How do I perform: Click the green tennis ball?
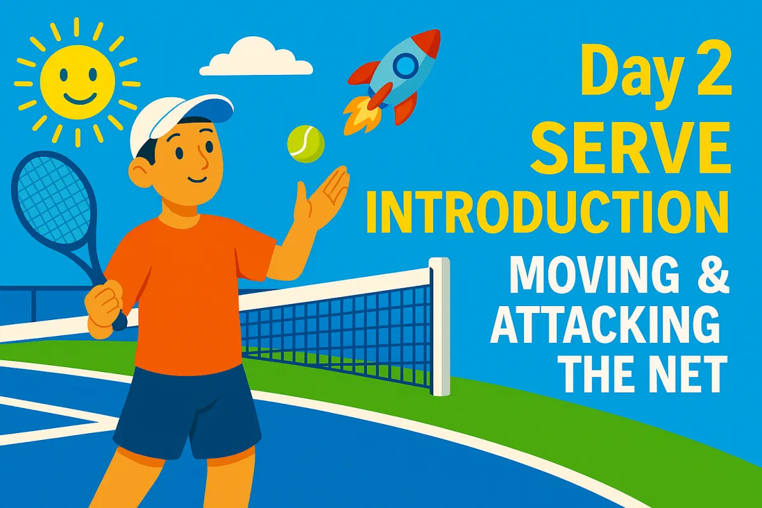(306, 144)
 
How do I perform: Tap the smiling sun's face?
(77, 83)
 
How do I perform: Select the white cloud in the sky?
(256, 57)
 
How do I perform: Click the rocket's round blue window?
(406, 66)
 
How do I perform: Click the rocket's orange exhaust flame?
(361, 114)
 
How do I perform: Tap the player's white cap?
(177, 121)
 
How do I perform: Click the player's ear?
(140, 173)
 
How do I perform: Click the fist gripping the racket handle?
(103, 308)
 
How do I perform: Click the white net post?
(440, 326)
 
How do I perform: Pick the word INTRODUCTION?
(547, 211)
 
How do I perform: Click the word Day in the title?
(625, 76)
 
